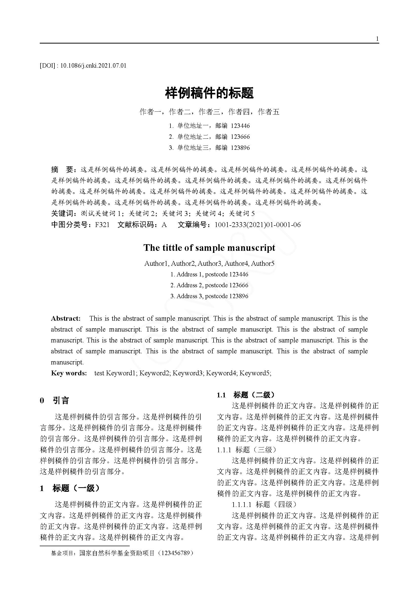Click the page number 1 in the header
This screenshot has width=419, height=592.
[x=377, y=39]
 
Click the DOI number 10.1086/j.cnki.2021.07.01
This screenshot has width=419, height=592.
[x=93, y=66]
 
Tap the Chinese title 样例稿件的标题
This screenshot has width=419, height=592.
[x=209, y=93]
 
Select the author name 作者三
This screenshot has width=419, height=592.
[x=209, y=112]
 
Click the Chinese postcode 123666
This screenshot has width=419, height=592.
[x=240, y=137]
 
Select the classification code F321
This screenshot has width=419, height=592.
[x=102, y=225]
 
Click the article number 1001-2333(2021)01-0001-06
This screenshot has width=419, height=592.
[x=257, y=225]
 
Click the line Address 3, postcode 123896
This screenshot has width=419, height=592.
[x=209, y=296]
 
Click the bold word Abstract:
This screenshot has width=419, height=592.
[x=66, y=318]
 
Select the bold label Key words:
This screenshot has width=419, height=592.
[x=69, y=373]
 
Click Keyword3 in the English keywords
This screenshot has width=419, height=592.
[x=187, y=373]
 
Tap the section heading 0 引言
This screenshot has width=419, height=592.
[x=55, y=400]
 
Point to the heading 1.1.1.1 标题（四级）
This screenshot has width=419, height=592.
[x=264, y=504]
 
